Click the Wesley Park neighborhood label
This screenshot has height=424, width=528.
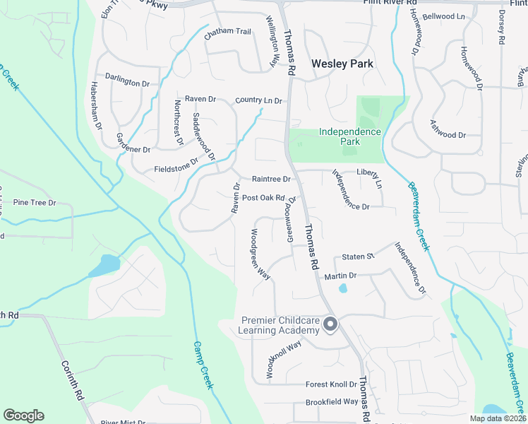click(342, 64)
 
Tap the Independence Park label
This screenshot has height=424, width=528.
click(349, 136)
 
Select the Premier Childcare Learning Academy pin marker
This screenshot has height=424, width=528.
click(330, 325)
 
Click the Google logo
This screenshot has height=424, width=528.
click(23, 416)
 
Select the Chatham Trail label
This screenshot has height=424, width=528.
click(228, 31)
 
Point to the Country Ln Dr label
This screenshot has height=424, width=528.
click(258, 101)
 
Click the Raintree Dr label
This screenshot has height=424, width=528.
click(266, 179)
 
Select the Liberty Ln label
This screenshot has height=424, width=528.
click(368, 177)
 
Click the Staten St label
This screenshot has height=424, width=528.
click(357, 257)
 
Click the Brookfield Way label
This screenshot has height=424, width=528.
click(332, 402)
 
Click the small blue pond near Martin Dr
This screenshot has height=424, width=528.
click(343, 288)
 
